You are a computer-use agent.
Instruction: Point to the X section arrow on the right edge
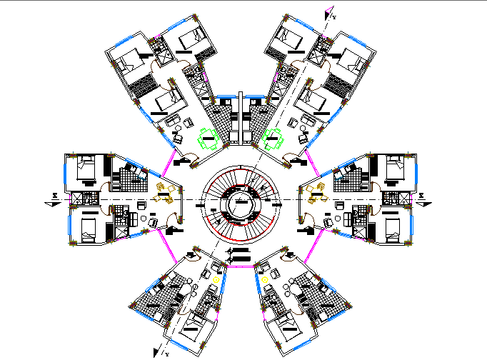click(x=423, y=197)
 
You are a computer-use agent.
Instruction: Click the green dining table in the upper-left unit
click(x=208, y=138)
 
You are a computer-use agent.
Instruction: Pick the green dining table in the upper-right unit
click(x=273, y=137)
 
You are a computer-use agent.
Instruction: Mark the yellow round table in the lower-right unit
click(x=264, y=279)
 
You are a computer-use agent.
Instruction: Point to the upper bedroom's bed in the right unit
click(x=395, y=169)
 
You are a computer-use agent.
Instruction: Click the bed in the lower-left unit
click(x=191, y=327)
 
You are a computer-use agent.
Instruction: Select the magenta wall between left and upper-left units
click(x=171, y=159)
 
